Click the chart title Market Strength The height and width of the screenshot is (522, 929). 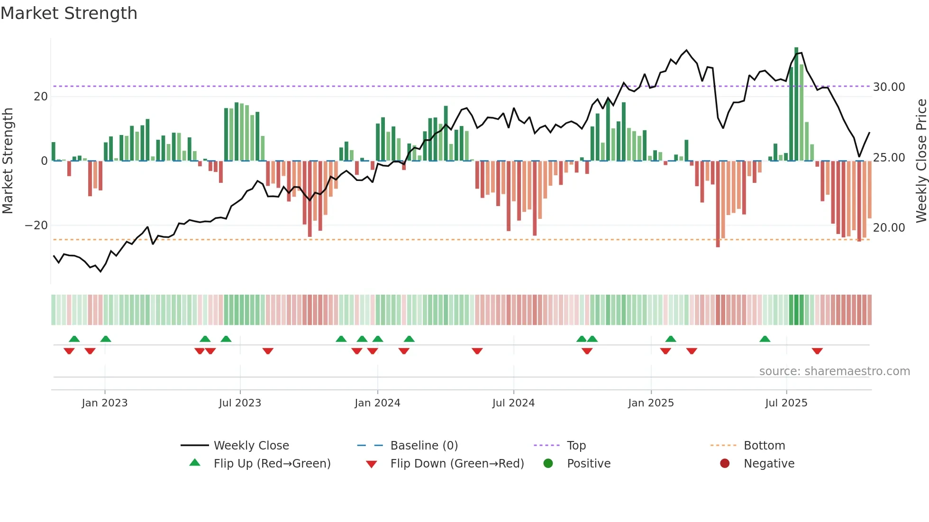click(69, 13)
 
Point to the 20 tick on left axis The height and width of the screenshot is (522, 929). click(40, 97)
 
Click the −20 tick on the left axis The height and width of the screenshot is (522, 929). click(36, 225)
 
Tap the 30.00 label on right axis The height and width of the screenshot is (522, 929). click(889, 87)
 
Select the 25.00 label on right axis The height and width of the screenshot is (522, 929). click(889, 158)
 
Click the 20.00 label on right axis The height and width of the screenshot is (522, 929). click(889, 228)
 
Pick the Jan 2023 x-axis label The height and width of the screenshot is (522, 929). click(104, 403)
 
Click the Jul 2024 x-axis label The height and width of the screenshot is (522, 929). click(513, 403)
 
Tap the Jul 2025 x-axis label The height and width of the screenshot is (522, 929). click(786, 403)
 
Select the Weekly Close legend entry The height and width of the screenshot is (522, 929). click(251, 446)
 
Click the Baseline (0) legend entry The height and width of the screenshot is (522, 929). click(424, 446)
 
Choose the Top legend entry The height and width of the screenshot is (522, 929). click(576, 446)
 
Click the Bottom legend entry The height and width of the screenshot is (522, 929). click(764, 446)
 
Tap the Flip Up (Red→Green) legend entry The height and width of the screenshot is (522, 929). click(272, 464)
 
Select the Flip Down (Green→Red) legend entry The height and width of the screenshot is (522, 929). click(457, 464)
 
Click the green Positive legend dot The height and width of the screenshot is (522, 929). click(548, 464)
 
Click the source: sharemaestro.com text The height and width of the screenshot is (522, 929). click(834, 371)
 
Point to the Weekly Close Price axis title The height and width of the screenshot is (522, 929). click(921, 161)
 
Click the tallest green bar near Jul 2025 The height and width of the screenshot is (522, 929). click(796, 104)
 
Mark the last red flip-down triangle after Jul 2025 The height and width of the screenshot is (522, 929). click(817, 351)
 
